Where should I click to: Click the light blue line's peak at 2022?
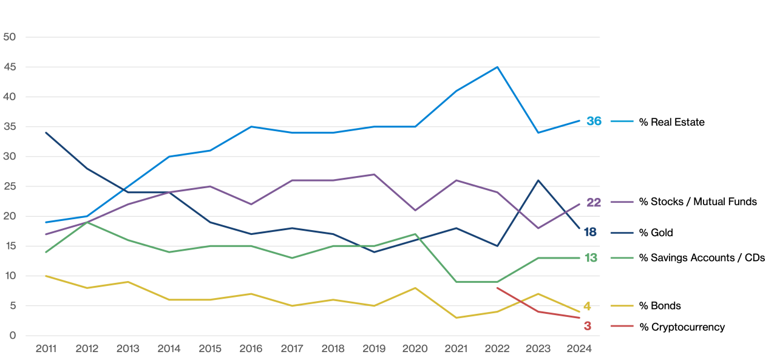(x=497, y=67)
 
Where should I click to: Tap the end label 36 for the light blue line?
(x=594, y=121)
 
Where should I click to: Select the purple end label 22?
(x=593, y=202)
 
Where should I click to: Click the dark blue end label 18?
(x=590, y=233)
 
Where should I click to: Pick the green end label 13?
(x=590, y=258)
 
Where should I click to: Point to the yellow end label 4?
(x=587, y=306)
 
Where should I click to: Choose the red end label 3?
(x=587, y=326)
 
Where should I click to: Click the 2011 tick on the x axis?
(x=46, y=348)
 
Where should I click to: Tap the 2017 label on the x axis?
(x=292, y=348)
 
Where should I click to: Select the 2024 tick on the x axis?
(x=579, y=348)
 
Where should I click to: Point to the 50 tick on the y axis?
(x=9, y=37)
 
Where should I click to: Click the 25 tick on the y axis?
(x=9, y=186)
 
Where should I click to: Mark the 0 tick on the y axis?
(x=12, y=336)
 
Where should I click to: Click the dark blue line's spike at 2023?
(x=538, y=180)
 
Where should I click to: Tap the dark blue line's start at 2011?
(x=46, y=132)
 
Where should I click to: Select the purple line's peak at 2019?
(x=374, y=174)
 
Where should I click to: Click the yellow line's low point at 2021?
(x=456, y=318)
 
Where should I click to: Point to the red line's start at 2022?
(x=497, y=288)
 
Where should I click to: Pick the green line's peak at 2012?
(x=87, y=222)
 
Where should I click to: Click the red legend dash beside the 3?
(x=622, y=326)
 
